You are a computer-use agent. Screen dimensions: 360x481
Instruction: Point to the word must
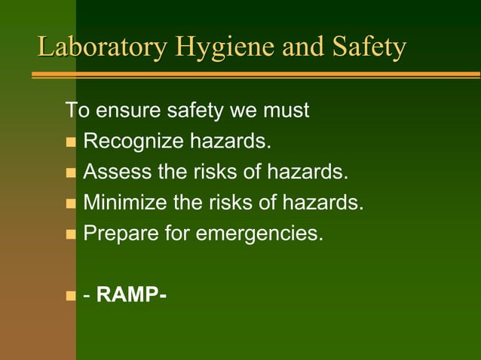coord(285,111)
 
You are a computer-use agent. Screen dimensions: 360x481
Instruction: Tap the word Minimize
coord(121,203)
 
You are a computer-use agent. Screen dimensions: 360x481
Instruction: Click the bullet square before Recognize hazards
coord(71,143)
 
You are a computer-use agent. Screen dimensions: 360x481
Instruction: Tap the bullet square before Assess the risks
coord(71,173)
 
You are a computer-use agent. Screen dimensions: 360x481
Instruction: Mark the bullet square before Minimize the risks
coord(71,203)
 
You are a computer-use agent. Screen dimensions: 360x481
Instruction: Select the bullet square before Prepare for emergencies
coord(71,234)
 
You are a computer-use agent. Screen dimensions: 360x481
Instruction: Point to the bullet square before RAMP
coord(71,294)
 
